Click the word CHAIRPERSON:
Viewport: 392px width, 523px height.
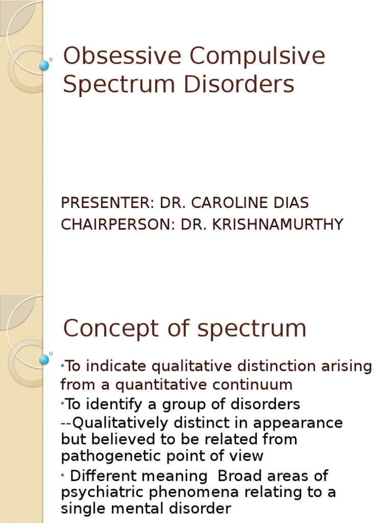click(119, 224)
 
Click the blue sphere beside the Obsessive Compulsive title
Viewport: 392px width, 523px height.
click(44, 65)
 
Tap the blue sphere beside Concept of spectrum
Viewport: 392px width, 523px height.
click(44, 360)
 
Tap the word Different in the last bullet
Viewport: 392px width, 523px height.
click(103, 476)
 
